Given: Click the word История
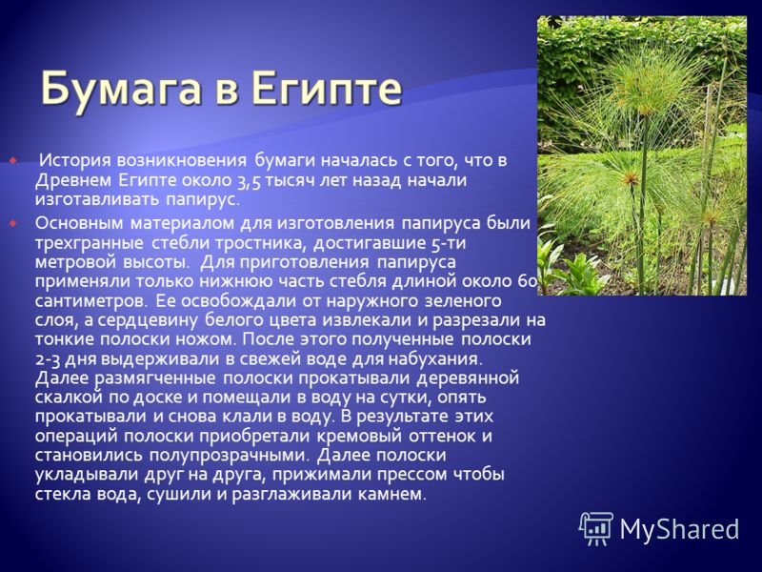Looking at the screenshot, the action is point(74,160).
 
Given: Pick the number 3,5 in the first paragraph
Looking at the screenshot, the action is point(249,180).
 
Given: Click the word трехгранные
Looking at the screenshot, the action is point(89,243).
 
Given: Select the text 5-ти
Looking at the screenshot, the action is point(449,243).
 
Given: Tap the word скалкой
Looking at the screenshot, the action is point(69,398).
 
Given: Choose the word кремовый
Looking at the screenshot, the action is point(360,436).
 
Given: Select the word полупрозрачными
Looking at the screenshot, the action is point(229,456).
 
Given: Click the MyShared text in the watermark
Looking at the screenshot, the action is point(679,529).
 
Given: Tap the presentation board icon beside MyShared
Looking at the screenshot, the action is point(596,528).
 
